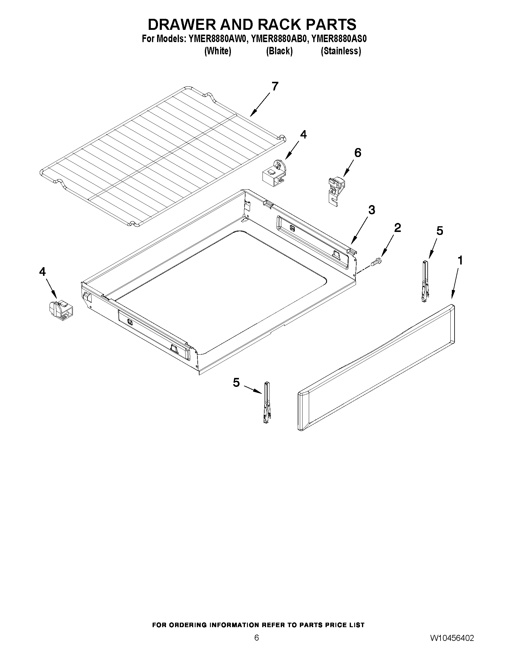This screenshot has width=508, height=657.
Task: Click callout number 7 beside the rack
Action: click(x=274, y=86)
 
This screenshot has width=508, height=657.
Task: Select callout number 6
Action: click(x=357, y=153)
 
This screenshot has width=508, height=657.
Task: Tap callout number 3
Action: click(x=372, y=210)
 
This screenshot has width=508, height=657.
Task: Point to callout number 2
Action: click(x=397, y=228)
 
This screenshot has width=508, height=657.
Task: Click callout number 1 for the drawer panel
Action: click(x=460, y=260)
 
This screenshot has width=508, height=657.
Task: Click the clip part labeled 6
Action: click(x=335, y=190)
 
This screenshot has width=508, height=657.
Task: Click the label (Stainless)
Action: click(x=341, y=51)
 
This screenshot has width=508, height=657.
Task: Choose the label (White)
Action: click(x=218, y=51)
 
